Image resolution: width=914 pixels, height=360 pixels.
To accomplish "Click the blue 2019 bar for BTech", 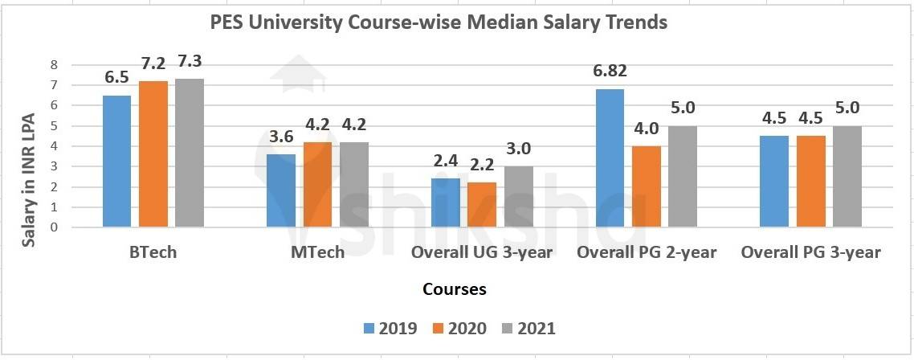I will (x=116, y=162).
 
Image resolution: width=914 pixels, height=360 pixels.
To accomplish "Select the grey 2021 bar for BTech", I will (x=190, y=153).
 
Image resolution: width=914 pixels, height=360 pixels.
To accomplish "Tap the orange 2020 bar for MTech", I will (x=317, y=185).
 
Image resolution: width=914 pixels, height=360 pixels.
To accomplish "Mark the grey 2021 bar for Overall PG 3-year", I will (x=847, y=177).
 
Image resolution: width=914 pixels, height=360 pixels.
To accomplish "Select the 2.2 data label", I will (x=482, y=166).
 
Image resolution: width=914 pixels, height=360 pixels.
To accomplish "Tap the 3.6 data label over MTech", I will (x=280, y=137).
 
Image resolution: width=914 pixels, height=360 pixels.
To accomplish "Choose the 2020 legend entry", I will (x=459, y=328).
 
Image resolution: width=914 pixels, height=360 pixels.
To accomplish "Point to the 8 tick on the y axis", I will (x=55, y=65).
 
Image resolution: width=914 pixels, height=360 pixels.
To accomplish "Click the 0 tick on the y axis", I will (x=55, y=227).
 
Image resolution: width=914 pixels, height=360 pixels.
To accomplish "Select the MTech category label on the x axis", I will (x=316, y=252).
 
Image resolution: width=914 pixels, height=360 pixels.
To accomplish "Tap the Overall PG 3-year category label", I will (x=810, y=252).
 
